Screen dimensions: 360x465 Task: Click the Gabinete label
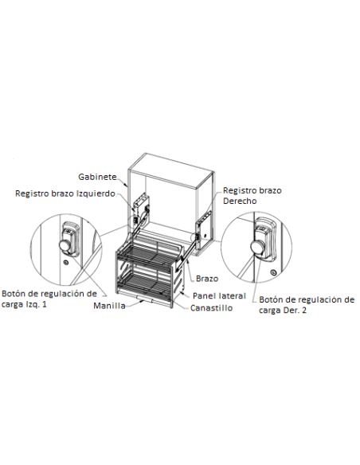click(97, 177)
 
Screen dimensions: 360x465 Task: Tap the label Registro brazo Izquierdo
click(65, 193)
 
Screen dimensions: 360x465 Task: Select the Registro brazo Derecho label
click(252, 195)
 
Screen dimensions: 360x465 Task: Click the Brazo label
click(207, 279)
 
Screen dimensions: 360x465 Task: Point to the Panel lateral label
click(219, 295)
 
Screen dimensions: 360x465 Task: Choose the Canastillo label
click(211, 308)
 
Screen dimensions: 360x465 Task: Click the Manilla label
click(109, 306)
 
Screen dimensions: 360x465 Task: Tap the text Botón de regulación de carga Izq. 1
click(49, 299)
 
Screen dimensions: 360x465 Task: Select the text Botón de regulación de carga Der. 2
click(307, 305)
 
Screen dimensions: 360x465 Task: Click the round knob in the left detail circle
click(65, 245)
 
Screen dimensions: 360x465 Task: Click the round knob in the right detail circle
click(256, 247)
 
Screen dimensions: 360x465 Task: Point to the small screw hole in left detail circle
click(66, 262)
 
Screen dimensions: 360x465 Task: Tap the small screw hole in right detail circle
click(273, 272)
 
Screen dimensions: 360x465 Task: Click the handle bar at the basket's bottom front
click(145, 299)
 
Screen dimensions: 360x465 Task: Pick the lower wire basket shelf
click(144, 283)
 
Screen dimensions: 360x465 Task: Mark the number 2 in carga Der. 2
click(304, 311)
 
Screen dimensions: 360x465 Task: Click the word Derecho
click(240, 201)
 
